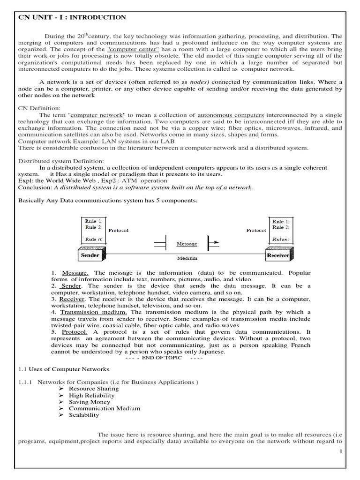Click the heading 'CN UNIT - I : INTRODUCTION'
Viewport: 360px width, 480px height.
[x=72, y=18]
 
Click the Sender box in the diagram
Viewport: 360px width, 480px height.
[x=90, y=255]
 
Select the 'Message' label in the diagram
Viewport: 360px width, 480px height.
[x=187, y=244]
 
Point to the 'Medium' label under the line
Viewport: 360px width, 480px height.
[x=187, y=258]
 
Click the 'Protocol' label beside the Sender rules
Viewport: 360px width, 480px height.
[x=118, y=231]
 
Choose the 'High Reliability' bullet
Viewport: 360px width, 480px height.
[x=91, y=395]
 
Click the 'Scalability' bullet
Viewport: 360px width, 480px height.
[x=84, y=415]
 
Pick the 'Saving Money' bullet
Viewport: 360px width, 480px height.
[x=90, y=402]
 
